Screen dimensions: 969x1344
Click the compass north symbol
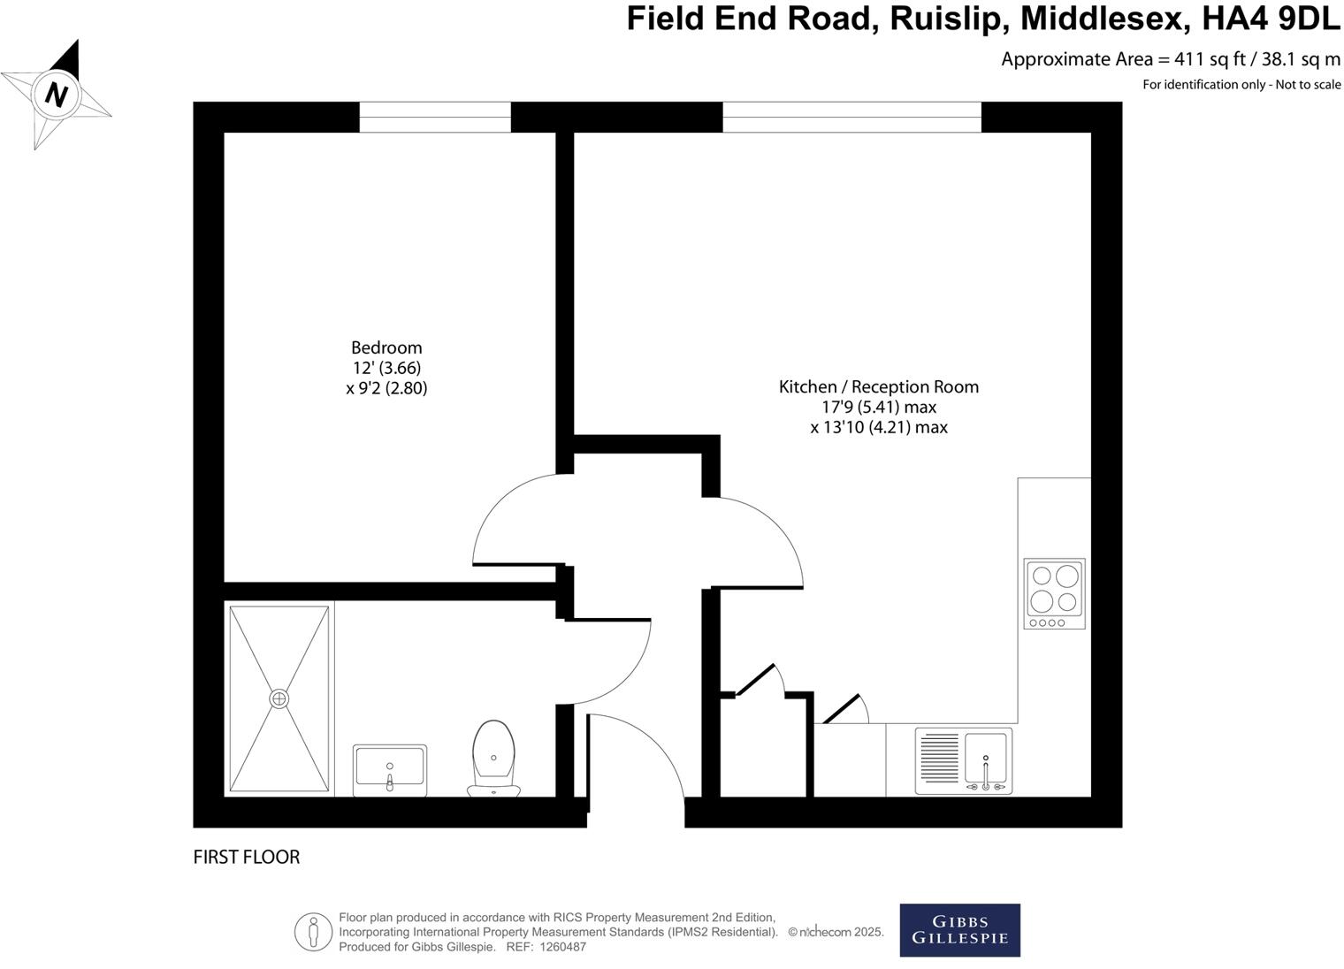point(57,94)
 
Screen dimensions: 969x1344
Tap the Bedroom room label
point(386,347)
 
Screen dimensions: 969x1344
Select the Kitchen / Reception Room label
point(878,386)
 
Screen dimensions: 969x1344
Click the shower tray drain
point(279,698)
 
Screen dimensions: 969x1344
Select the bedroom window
point(435,117)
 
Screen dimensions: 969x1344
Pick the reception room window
point(851,117)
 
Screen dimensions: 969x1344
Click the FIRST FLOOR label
point(247,857)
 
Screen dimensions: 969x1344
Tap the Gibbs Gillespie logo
point(959,930)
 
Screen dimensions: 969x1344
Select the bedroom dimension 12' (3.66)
point(386,368)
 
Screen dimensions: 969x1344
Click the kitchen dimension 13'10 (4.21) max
point(878,428)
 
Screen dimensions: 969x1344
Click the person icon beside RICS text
point(313,932)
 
